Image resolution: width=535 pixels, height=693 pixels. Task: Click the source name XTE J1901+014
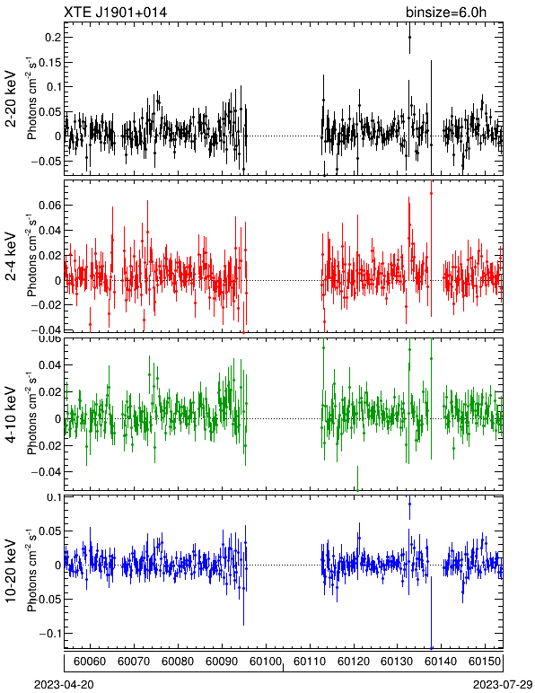[115, 12]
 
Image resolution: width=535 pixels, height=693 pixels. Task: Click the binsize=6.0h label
[446, 12]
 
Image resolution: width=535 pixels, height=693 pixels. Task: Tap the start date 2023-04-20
[64, 685]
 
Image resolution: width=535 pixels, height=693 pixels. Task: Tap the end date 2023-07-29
[503, 685]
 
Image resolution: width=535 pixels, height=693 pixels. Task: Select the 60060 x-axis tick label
[90, 662]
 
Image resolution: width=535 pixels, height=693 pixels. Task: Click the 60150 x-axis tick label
[485, 662]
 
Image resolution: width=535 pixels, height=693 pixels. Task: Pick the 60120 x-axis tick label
[354, 662]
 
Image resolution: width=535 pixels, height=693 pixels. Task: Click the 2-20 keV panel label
[11, 99]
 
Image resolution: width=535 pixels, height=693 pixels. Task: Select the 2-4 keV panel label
[11, 256]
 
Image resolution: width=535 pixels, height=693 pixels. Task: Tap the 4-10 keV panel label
[11, 414]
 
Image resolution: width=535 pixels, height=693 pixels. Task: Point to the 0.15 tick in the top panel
[50, 62]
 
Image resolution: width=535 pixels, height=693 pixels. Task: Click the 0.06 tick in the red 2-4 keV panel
[50, 205]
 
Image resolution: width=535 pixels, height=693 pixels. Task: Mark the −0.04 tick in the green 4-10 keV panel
[47, 472]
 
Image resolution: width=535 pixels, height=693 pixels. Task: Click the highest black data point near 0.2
[409, 38]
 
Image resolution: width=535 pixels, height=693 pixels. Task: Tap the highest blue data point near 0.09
[409, 504]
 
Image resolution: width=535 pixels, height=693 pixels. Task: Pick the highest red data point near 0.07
[431, 193]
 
